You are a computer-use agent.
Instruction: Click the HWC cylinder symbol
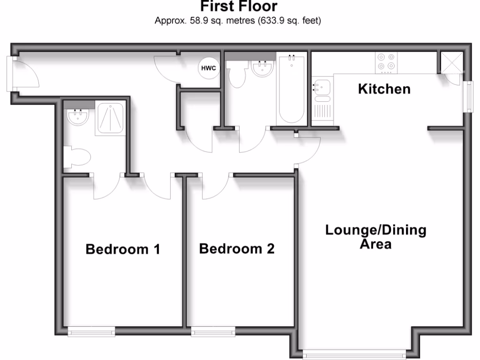(209, 68)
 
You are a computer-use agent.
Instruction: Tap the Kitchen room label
(384, 89)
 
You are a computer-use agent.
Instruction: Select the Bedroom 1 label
(123, 249)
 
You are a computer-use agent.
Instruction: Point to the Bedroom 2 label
(236, 248)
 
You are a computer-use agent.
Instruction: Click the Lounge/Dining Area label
(376, 237)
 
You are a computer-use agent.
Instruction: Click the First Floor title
(239, 7)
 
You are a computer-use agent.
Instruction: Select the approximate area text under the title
(238, 21)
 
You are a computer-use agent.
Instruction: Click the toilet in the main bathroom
(236, 75)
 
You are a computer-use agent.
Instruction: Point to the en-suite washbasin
(78, 117)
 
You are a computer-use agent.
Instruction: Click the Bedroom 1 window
(91, 332)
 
